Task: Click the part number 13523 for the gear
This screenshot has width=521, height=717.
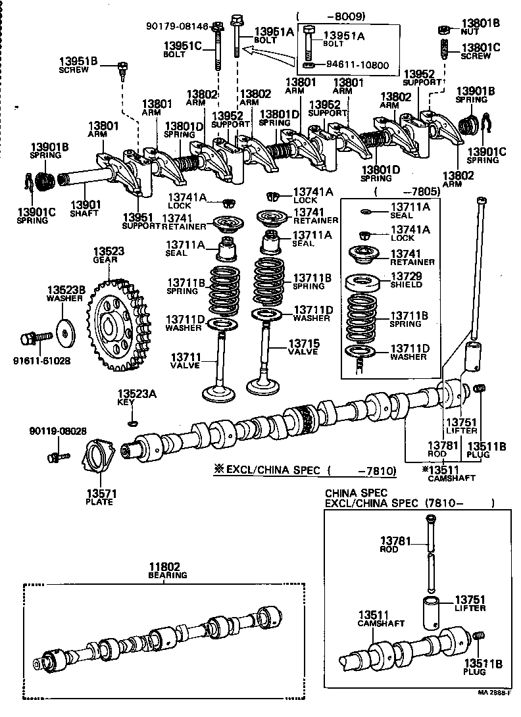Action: (109, 252)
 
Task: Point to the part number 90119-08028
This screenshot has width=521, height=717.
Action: (58, 431)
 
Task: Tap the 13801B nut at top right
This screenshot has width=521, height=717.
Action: (443, 29)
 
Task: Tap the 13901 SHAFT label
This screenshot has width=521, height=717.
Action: (84, 208)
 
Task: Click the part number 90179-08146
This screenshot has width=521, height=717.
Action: (177, 26)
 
